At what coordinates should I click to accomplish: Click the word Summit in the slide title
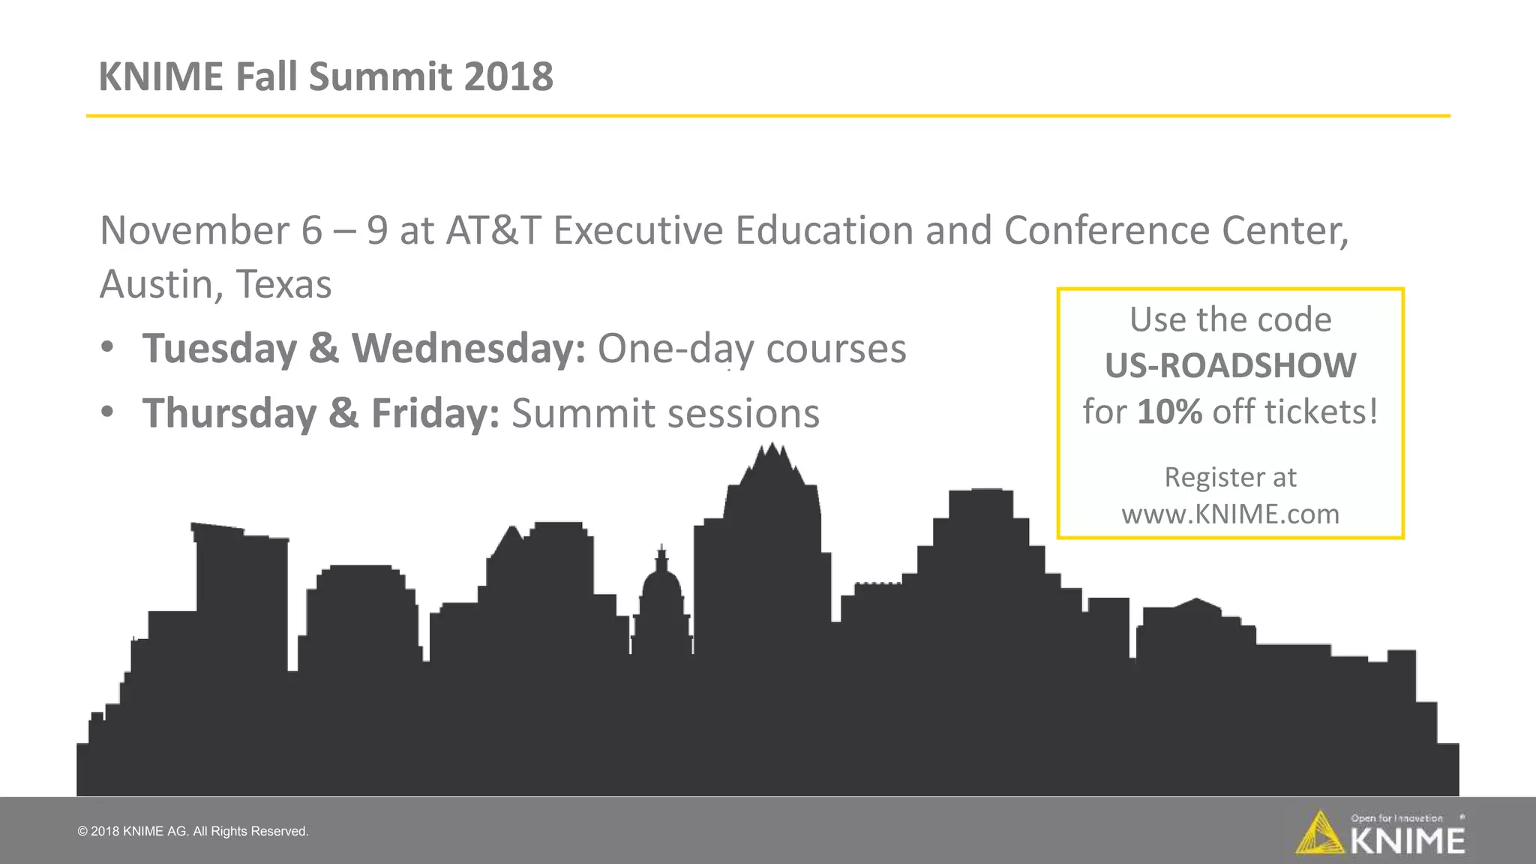pos(380,76)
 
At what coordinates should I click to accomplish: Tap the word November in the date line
pos(194,230)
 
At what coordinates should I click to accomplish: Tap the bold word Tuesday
pos(220,349)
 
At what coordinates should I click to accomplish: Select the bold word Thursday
pos(229,413)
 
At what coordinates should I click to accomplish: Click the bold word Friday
pos(435,413)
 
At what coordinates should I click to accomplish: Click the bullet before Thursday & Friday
pos(108,412)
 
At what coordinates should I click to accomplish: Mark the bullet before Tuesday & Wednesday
pos(108,347)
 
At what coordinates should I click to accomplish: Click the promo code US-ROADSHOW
pos(1230,366)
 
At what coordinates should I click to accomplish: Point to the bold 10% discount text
pos(1169,412)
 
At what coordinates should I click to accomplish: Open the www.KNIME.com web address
pos(1230,514)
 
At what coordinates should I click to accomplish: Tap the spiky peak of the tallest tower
pos(772,457)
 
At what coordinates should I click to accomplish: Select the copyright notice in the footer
pos(193,831)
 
